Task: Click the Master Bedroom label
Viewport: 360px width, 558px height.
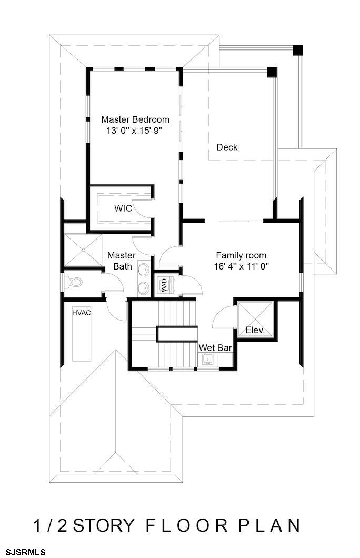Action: point(135,119)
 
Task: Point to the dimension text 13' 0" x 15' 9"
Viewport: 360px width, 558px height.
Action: point(134,131)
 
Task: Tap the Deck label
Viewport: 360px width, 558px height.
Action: point(227,147)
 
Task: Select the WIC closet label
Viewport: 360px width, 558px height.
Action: point(123,208)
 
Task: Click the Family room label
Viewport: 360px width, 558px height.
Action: point(241,255)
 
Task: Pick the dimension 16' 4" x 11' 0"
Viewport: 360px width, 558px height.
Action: point(241,266)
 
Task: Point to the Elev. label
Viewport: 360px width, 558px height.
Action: point(255,330)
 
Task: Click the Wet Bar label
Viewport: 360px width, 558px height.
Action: point(215,347)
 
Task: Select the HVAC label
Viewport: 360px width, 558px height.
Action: point(82,313)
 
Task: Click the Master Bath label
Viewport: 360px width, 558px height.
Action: point(122,261)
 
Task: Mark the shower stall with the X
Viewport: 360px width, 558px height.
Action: point(83,250)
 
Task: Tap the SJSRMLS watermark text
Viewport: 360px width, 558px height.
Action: point(23,552)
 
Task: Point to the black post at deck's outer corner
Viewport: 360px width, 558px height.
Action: point(298,50)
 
